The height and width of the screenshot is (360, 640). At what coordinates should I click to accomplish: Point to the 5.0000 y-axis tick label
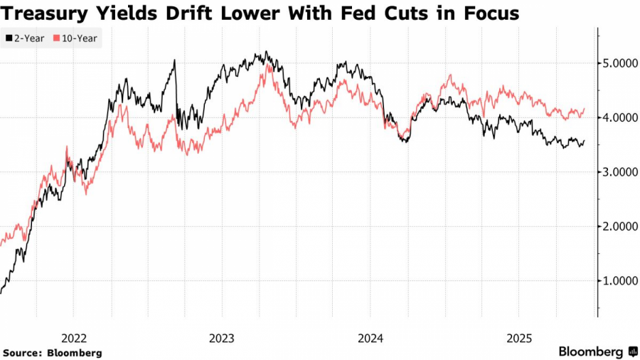(617, 63)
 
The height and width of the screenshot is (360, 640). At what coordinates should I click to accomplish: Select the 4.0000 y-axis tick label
(617, 117)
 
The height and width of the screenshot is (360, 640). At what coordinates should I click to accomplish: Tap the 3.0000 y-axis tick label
(617, 171)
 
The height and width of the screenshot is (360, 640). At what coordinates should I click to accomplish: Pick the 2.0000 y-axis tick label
(617, 226)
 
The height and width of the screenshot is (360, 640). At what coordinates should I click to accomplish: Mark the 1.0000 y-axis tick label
(617, 280)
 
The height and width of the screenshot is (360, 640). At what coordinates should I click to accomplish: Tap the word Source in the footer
(22, 353)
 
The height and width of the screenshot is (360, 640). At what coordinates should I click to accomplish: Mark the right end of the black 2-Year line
(585, 141)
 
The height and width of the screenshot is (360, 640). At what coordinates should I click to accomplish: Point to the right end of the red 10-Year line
(585, 109)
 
